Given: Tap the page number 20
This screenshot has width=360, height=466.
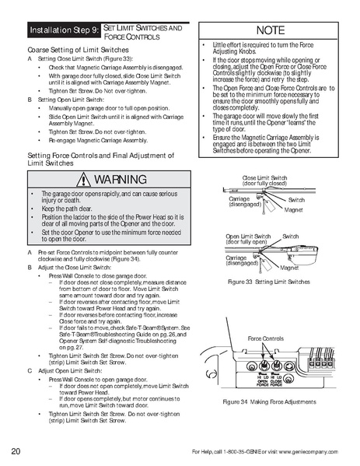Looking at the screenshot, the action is (x=16, y=452).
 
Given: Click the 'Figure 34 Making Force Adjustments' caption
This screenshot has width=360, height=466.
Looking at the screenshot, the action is (x=270, y=401).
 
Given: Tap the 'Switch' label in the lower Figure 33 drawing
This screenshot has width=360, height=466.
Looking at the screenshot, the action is (x=290, y=235).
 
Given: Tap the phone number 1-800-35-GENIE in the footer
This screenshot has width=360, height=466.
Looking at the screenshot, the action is (x=243, y=452).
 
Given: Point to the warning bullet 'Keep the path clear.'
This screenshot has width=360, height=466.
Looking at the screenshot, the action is (x=64, y=209).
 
